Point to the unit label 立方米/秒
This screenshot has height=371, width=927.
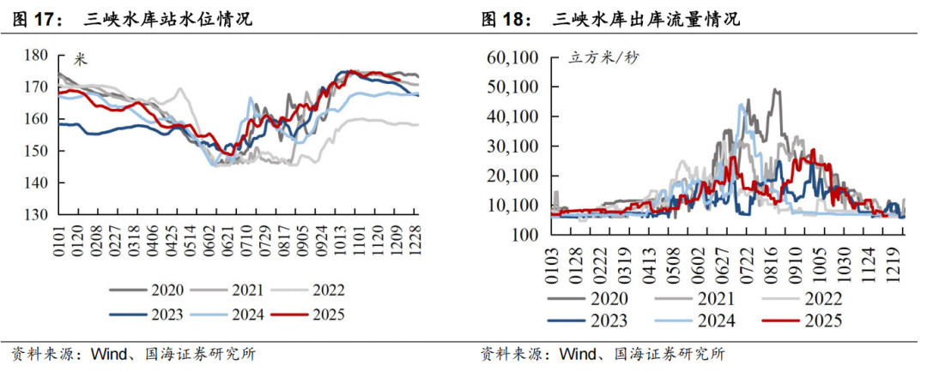point(604,59)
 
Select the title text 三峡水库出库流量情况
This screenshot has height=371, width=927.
point(646,18)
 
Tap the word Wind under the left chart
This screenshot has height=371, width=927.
point(102,354)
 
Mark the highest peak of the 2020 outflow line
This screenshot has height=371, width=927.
point(776,89)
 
